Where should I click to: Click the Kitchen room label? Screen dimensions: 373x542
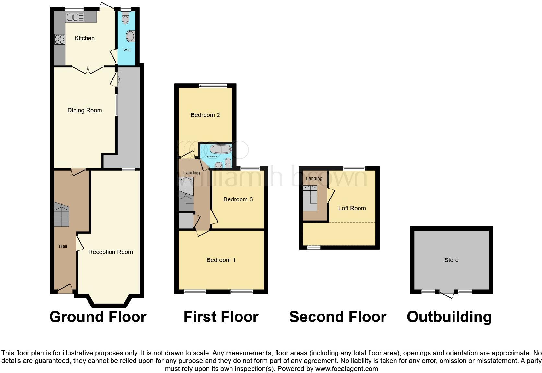click(x=85, y=38)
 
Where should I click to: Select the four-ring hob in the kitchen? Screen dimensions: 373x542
click(x=60, y=40)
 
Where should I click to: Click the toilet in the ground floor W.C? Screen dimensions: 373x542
click(x=125, y=18)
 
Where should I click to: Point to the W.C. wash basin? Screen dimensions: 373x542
click(x=131, y=36)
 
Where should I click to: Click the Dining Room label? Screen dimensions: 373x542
click(x=85, y=110)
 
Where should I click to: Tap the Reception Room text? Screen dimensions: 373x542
click(x=111, y=252)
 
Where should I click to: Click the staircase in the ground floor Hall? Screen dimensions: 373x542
click(x=62, y=215)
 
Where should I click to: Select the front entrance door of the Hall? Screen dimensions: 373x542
click(x=65, y=289)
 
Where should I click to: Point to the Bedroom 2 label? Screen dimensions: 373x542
click(x=205, y=115)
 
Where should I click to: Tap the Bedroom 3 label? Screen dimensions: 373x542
click(x=238, y=199)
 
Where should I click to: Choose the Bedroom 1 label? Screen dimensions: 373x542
click(x=221, y=260)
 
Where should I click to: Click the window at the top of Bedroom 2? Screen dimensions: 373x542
click(x=213, y=86)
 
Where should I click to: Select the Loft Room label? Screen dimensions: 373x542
click(x=352, y=208)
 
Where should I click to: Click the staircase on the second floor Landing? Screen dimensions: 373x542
click(x=310, y=198)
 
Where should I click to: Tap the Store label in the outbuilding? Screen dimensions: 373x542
click(x=451, y=260)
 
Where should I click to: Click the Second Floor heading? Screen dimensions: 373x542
click(x=338, y=317)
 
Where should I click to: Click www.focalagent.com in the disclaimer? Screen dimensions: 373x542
click(x=347, y=369)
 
